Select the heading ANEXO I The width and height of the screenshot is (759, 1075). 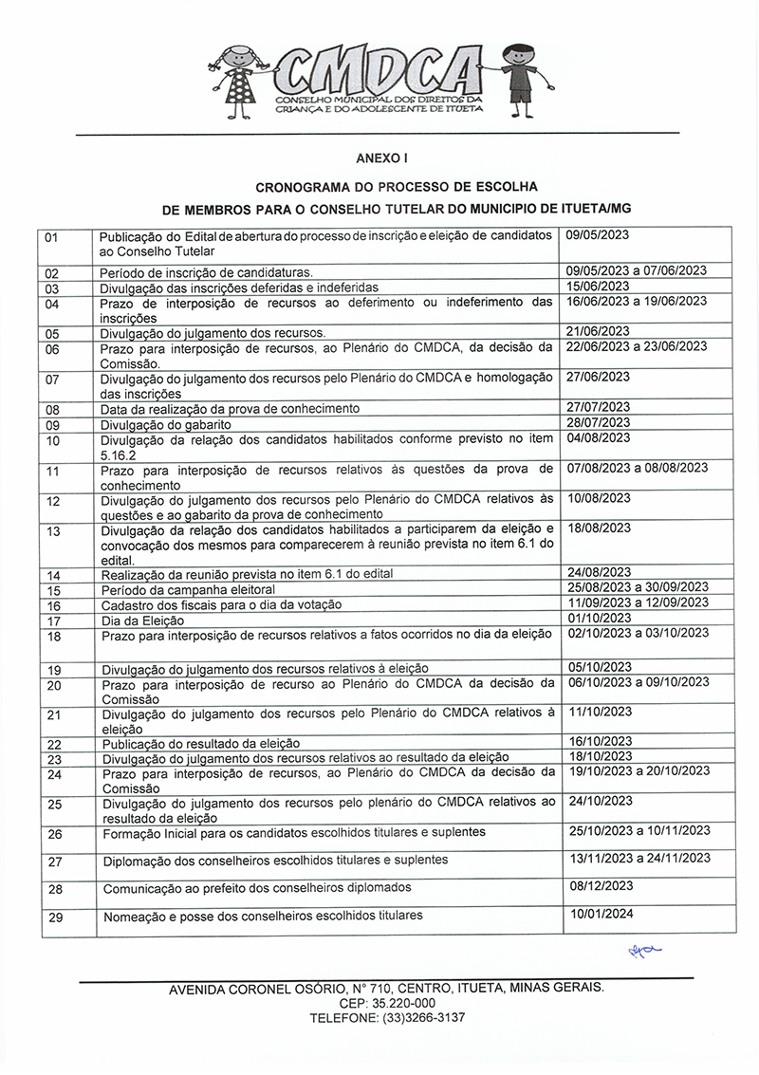pos(379,160)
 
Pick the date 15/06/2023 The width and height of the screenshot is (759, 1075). pos(598,286)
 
